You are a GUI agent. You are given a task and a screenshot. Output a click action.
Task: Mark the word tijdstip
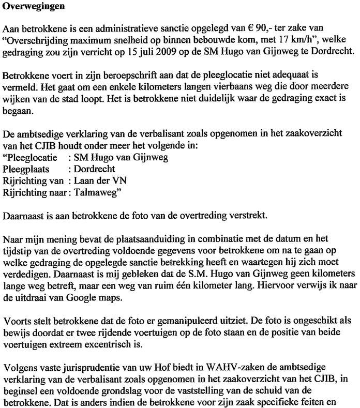[x=17, y=251]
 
